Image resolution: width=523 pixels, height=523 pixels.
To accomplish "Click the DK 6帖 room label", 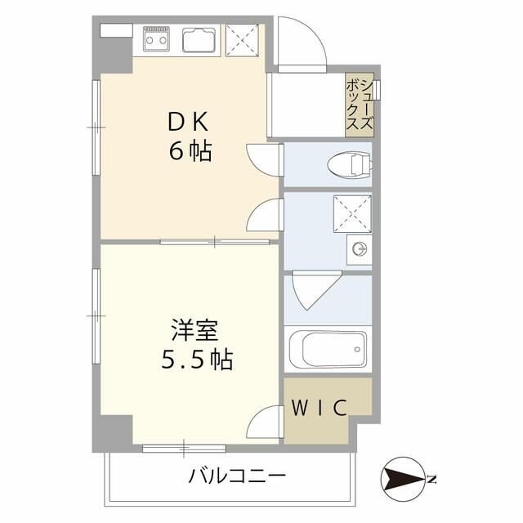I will tap(190, 136).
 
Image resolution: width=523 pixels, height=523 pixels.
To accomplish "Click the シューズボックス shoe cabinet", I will tap(360, 105).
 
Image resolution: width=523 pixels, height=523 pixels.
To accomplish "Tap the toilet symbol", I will tap(347, 166).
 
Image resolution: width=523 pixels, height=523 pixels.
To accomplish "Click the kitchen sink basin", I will tap(199, 38).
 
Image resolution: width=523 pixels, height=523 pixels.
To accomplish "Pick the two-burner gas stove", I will tap(157, 38).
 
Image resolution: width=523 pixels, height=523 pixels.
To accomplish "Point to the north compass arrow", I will tap(402, 478).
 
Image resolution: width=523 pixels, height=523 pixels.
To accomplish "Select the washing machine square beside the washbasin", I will tap(352, 215).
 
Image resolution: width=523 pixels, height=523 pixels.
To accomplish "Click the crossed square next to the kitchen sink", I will tap(242, 39).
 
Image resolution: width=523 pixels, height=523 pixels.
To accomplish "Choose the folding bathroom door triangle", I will tap(311, 291).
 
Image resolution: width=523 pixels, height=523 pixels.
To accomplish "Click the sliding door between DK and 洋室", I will tap(216, 241).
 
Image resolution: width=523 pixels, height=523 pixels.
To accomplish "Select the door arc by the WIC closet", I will tap(266, 422).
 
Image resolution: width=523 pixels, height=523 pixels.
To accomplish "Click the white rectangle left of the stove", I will tap(116, 29).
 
